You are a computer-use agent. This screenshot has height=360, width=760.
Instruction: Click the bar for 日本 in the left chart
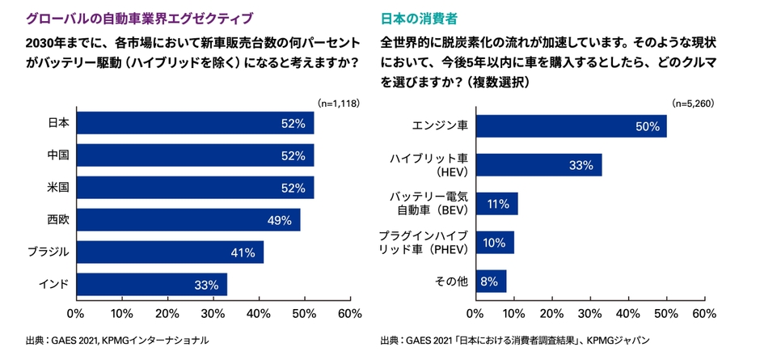click(x=194, y=123)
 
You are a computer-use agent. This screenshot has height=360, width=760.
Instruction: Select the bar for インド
click(x=151, y=285)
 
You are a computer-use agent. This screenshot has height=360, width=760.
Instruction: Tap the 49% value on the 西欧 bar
click(x=279, y=220)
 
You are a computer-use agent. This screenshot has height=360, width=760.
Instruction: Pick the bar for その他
click(x=491, y=282)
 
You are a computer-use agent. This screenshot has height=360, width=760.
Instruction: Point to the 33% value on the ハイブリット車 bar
click(x=581, y=165)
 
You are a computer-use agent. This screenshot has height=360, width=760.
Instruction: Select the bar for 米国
click(x=194, y=188)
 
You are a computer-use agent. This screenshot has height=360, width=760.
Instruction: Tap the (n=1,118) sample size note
click(x=338, y=104)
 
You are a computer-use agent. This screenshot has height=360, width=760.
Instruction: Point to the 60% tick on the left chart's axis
click(x=349, y=313)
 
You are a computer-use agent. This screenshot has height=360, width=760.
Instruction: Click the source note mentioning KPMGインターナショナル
click(x=117, y=341)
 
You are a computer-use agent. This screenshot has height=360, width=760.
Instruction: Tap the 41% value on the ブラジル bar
click(x=243, y=252)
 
